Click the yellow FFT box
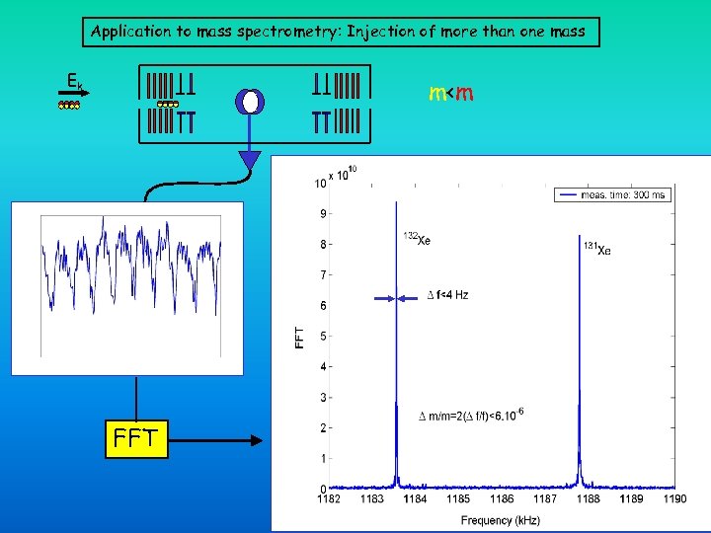(136, 438)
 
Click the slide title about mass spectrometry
(338, 32)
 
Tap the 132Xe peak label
(417, 238)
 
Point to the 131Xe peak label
(596, 250)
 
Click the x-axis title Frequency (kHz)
(501, 519)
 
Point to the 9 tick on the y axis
(321, 213)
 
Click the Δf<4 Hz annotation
(446, 294)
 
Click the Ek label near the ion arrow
(73, 82)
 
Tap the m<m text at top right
(451, 94)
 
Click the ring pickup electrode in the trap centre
(250, 102)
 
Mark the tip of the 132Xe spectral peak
(396, 204)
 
